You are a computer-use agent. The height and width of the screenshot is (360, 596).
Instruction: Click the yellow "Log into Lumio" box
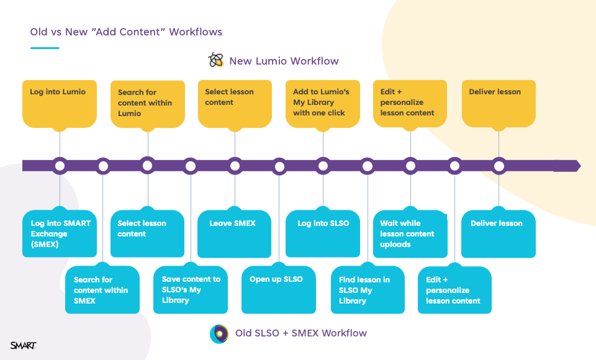60,104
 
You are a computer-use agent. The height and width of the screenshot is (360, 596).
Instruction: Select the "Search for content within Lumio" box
148,104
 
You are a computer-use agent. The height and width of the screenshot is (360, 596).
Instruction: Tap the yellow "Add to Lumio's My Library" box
323,104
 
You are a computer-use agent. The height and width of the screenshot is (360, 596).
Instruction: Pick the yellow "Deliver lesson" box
499,104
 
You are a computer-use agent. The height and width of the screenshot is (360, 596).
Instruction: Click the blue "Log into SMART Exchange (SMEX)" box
60,233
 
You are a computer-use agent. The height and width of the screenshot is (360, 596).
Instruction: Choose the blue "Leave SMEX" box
234,233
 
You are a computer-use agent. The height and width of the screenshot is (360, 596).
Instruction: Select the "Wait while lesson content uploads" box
410,233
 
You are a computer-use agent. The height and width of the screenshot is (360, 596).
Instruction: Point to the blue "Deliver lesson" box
499,233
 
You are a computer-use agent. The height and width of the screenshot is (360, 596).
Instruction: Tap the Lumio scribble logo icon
216,60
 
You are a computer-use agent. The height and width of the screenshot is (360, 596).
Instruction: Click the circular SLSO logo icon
219,334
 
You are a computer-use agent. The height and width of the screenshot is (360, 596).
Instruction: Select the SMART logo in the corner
23,345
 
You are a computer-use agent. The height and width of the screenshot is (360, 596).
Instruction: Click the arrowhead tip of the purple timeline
580,166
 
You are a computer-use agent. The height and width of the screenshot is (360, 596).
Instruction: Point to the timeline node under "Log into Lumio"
60,166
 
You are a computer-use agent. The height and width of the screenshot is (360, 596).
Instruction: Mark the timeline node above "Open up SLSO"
279,166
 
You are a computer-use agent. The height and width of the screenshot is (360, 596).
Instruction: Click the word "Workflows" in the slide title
196,32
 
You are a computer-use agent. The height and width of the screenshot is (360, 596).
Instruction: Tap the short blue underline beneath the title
45,48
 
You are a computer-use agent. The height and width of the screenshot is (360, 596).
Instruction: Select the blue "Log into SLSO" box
323,233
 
